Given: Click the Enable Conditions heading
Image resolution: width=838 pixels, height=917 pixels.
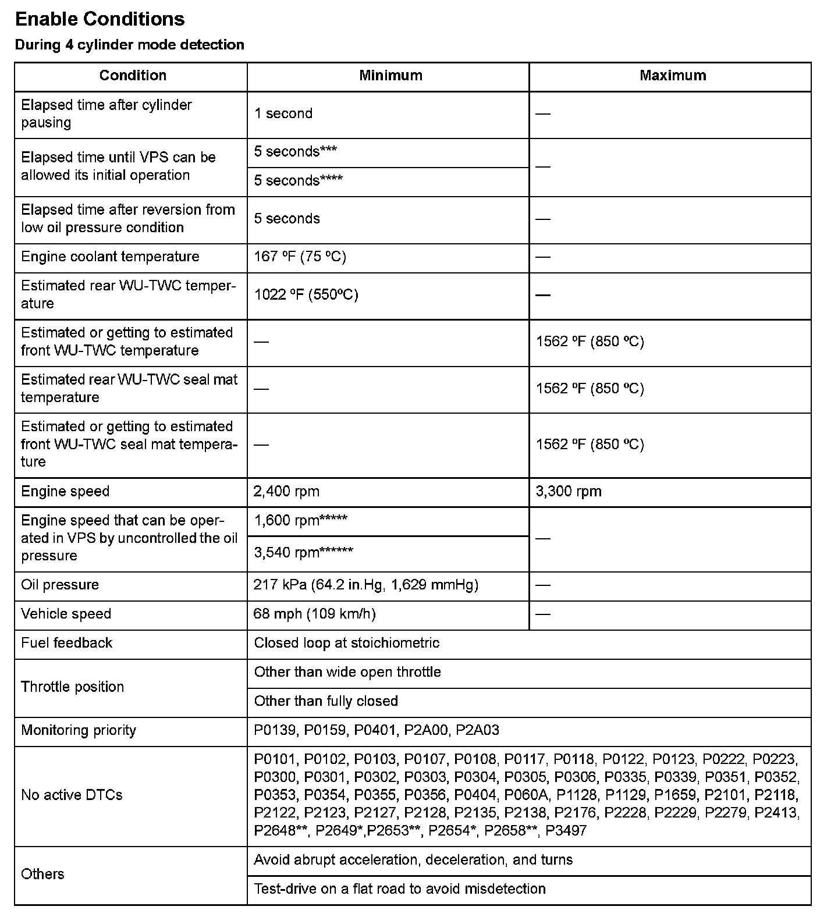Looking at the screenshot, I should [100, 19].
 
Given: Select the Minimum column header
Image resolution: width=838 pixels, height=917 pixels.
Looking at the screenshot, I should [390, 76].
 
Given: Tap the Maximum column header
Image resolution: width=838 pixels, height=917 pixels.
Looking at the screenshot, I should [673, 76].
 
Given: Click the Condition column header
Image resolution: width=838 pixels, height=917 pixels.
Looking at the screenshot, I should [133, 76].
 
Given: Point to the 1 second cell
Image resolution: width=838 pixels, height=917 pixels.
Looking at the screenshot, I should [283, 113].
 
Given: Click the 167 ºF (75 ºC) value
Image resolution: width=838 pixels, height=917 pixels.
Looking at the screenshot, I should [300, 257].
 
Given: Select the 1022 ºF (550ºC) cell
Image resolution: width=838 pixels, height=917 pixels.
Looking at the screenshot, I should [306, 295].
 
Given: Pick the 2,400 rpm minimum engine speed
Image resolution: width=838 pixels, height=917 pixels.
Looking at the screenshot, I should [286, 492].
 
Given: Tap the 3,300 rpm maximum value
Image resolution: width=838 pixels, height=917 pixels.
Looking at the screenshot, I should [569, 492].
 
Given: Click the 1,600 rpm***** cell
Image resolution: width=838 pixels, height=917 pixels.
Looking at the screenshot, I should [300, 521].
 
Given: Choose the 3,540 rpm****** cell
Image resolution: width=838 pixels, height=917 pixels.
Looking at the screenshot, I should [303, 552].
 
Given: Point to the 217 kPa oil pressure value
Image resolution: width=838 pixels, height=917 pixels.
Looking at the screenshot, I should [365, 585].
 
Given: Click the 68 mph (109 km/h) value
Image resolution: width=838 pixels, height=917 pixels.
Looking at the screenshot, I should [314, 614].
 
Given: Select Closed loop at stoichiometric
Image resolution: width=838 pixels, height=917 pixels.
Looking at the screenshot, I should [347, 643].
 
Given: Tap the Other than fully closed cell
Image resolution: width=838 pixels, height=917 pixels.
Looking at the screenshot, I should [326, 701].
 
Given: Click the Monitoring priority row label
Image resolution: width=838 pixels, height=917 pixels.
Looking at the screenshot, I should [79, 730].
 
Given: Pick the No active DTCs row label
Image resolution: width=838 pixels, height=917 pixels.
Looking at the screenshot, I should [72, 795].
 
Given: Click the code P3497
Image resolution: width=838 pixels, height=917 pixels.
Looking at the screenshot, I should [566, 831].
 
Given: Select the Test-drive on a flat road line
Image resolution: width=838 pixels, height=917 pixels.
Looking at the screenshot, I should [400, 889].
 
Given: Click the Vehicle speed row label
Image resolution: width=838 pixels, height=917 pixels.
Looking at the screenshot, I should [66, 614].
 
